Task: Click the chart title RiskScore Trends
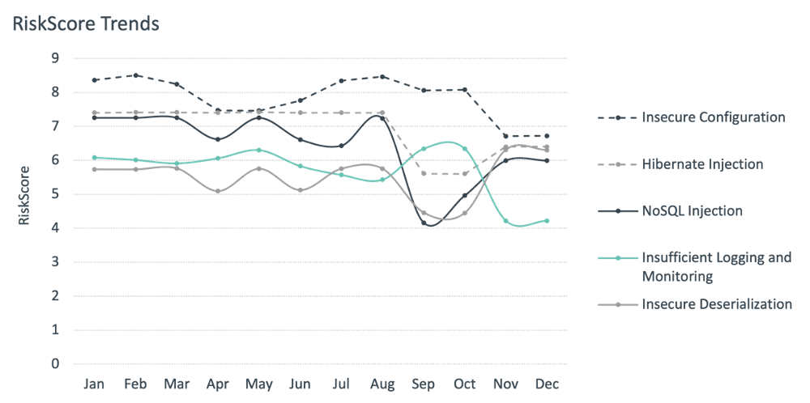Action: click(x=85, y=24)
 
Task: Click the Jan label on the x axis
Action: click(x=95, y=383)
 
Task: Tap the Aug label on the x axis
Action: click(x=383, y=383)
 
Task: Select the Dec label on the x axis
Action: click(x=547, y=383)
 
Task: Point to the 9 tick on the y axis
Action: click(x=55, y=58)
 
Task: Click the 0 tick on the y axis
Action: click(x=55, y=363)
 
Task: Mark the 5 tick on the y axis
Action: click(x=55, y=194)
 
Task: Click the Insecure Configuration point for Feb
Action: click(x=136, y=75)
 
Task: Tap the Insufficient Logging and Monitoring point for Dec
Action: click(x=547, y=221)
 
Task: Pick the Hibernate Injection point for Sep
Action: click(x=424, y=173)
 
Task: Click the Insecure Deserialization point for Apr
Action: click(x=219, y=192)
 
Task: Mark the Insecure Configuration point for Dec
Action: click(x=547, y=136)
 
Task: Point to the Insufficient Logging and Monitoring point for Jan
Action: click(x=95, y=158)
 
